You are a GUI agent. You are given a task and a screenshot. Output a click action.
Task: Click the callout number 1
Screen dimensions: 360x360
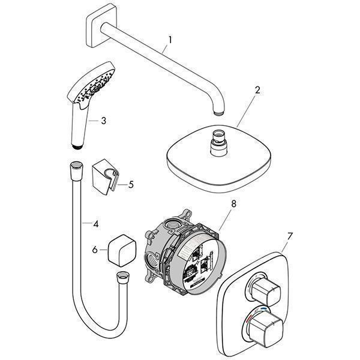pos(170,40)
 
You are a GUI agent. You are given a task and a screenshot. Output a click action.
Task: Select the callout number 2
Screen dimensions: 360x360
pos(257,91)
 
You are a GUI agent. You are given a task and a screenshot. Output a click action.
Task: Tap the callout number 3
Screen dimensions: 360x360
pos(104,121)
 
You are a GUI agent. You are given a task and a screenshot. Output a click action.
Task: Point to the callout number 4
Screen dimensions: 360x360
pos(95,224)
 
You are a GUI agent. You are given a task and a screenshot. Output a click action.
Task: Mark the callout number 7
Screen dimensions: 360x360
pos(290,236)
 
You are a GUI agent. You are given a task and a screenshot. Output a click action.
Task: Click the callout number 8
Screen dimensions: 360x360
pos(233,204)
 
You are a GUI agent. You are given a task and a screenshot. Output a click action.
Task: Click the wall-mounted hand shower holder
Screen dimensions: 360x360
pos(105,175)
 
